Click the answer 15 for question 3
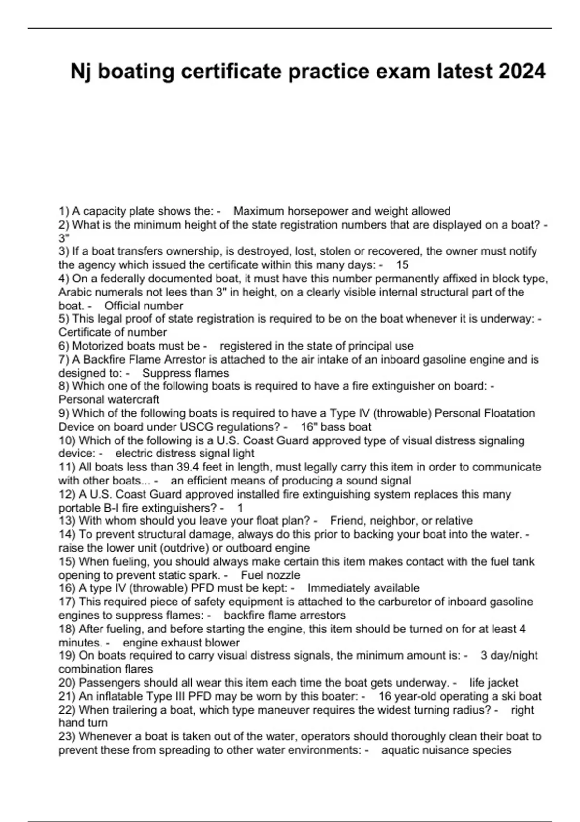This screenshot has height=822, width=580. point(402,264)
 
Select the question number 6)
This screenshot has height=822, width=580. point(64,346)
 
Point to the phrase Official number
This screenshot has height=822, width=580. point(144,306)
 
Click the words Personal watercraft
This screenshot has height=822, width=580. point(109,399)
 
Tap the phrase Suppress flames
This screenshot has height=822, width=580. point(186,373)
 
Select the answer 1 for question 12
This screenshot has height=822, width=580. point(240,508)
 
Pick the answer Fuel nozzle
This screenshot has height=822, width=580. point(270,575)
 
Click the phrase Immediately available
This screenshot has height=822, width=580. point(363,588)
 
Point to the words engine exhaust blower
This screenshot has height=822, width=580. point(181,642)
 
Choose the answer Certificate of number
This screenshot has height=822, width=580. point(113,332)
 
